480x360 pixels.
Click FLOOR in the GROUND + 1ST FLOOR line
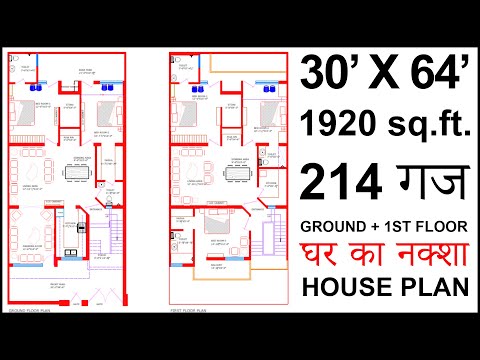point(446,223)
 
